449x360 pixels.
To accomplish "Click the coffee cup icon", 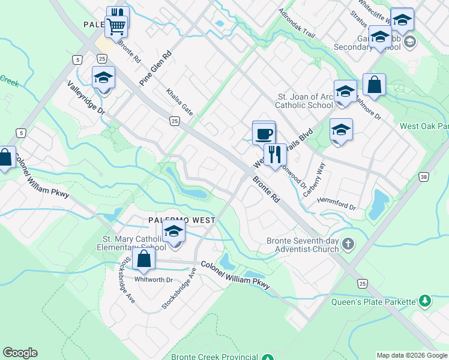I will click(264, 133).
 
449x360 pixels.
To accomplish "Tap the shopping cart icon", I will click(116, 26).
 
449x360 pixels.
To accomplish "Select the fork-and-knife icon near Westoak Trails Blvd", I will click(275, 155).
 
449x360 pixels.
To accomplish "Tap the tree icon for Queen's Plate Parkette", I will click(424, 300).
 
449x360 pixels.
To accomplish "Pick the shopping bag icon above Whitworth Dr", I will click(144, 259).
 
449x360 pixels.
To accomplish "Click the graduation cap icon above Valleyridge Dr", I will click(103, 78).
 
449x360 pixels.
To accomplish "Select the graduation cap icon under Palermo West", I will click(173, 231).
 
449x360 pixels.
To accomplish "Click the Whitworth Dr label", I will click(154, 280).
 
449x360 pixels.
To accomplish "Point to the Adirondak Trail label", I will click(297, 22).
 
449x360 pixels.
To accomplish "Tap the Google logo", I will click(20, 353).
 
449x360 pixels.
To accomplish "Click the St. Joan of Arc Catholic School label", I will click(303, 101).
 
